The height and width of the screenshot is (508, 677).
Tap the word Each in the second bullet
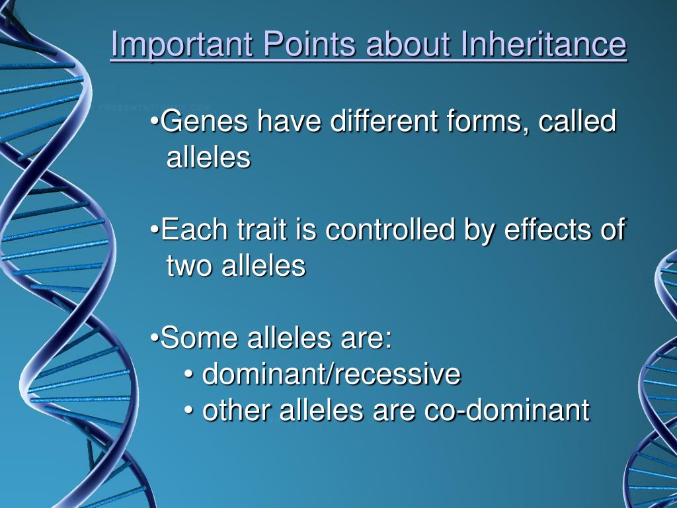[194, 229]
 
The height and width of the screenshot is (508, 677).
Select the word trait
[262, 229]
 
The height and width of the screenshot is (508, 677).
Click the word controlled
[390, 229]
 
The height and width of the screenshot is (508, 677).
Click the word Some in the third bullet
[199, 337]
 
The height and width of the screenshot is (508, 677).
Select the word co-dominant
[507, 409]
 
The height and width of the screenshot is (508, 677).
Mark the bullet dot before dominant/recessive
[188, 374]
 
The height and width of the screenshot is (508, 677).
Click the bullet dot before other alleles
[188, 410]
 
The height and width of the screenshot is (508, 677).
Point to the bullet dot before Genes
[155, 122]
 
